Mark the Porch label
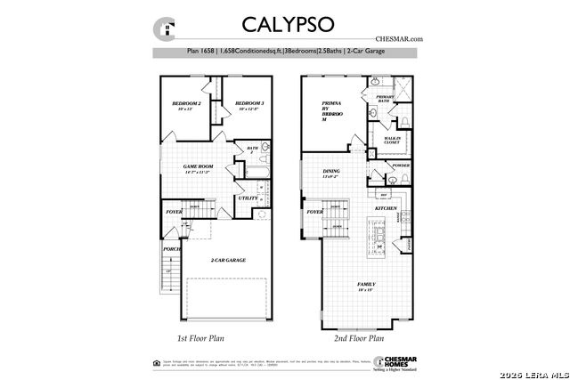pyautogui.click(x=171, y=249)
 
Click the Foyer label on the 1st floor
pyautogui.click(x=174, y=212)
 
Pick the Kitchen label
pyautogui.click(x=385, y=207)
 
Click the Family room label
pyautogui.click(x=366, y=284)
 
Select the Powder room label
pyautogui.click(x=401, y=166)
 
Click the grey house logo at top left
pyautogui.click(x=165, y=28)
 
